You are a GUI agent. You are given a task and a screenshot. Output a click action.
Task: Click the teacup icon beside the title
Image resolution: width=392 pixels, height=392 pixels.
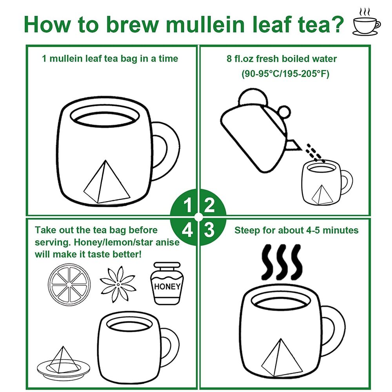coord(367,22)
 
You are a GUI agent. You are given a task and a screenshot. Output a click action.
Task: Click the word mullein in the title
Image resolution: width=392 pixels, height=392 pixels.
coord(205,24)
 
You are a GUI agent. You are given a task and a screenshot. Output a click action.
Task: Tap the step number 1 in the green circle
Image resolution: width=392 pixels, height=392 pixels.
coord(187,205)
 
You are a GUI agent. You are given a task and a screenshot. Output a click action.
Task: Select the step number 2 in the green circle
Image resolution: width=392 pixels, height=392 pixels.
coord(209,205)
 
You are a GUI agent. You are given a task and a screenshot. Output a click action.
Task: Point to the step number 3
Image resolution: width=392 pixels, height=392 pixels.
coord(209,230)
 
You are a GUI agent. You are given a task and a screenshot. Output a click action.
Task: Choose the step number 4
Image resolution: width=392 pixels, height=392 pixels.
coord(187,230)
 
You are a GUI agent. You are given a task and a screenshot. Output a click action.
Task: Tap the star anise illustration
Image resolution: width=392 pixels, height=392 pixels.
coord(118,284)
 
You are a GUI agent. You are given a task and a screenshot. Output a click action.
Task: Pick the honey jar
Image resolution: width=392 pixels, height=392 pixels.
coord(167,283)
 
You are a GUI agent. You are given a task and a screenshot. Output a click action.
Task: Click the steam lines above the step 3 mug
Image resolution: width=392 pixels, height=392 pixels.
coord(281,262)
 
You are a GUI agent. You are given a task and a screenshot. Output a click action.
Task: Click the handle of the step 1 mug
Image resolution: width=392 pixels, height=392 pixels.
coord(166,151)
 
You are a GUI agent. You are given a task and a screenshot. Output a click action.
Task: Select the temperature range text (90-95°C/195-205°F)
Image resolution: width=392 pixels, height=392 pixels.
coord(285,74)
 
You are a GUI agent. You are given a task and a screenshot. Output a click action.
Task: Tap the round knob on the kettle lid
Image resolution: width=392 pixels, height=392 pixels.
coord(284,112)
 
